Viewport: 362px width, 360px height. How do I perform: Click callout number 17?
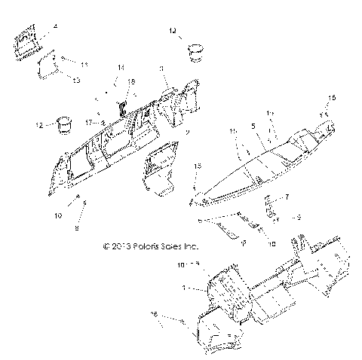pos(88,121)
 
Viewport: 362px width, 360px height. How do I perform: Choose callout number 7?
pos(287,197)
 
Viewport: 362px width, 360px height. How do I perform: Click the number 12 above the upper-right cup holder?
pos(173,31)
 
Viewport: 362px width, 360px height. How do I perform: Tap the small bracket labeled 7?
pos(270,206)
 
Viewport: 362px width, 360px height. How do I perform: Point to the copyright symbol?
pos(106,246)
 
